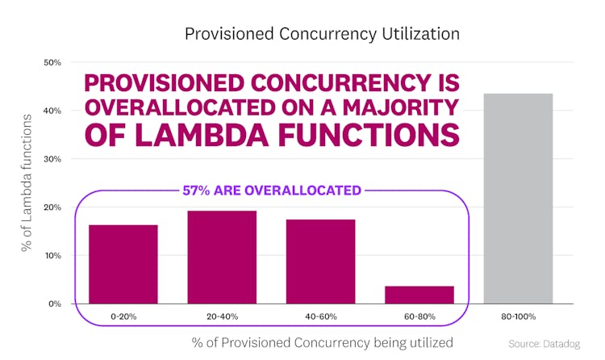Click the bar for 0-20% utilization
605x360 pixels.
click(x=123, y=263)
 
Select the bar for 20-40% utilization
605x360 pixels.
click(x=222, y=257)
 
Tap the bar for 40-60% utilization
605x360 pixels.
click(x=320, y=261)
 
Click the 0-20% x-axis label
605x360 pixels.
click(x=123, y=317)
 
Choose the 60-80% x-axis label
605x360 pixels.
click(x=419, y=317)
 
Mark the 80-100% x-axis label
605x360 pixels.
click(x=518, y=317)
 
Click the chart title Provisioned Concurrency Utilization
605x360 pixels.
click(x=322, y=34)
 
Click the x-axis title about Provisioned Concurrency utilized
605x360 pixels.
click(x=322, y=341)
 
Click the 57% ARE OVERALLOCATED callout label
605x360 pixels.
click(x=271, y=191)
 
